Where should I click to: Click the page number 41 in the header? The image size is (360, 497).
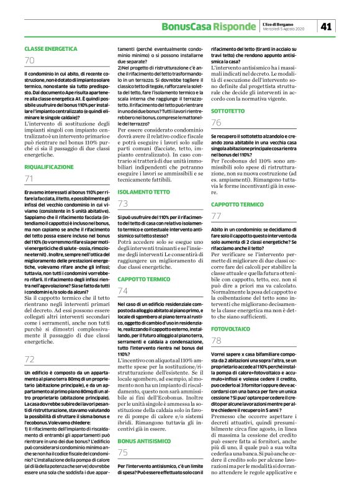click(326, 25)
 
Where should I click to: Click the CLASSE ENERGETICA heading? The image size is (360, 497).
click(51, 48)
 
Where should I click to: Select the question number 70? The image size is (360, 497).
click(30, 60)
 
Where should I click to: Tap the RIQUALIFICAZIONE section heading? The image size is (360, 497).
click(50, 166)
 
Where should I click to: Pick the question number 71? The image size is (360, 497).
click(29, 179)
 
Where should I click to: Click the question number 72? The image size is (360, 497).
click(30, 359)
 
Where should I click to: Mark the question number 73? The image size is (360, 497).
click(123, 203)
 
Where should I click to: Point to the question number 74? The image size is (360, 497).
click(123, 290)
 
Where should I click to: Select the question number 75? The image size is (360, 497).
click(123, 452)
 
